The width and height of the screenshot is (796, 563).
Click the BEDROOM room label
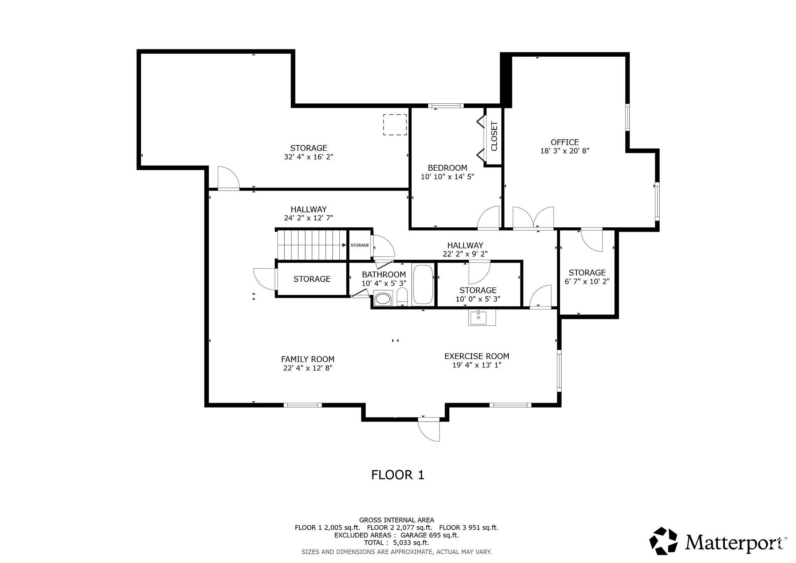447,168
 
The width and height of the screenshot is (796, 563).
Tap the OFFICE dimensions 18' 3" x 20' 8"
565,151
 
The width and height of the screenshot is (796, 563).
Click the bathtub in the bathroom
423,285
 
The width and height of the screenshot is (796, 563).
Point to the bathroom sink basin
383,299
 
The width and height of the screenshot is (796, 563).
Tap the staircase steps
311,245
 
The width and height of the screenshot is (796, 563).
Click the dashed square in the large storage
395,125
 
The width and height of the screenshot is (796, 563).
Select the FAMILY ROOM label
307,359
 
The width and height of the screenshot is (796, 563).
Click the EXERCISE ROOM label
477,356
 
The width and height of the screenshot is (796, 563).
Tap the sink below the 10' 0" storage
482,318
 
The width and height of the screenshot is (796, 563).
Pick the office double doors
533,219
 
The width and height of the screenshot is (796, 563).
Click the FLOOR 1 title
398,475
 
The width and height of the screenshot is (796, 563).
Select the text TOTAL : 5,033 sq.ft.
396,543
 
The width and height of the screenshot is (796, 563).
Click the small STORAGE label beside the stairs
360,245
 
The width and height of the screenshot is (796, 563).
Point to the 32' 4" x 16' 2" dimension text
309,157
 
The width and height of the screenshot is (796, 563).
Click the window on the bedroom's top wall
446,105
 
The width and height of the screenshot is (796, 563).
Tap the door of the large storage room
229,179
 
